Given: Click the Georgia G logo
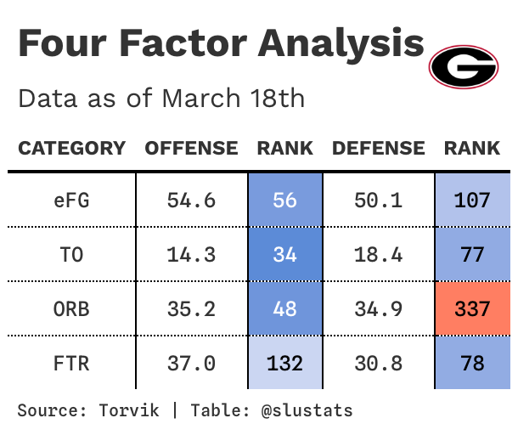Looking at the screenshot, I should coord(463,66).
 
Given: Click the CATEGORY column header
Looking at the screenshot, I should coord(71,149).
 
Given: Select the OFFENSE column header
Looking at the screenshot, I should coord(191,149).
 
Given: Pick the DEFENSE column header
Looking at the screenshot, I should coord(378,149).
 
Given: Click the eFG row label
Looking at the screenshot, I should coord(71,201).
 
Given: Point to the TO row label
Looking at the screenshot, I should coord(71,254).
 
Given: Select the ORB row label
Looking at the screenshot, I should coord(71,308).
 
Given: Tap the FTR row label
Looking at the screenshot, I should coord(71,364).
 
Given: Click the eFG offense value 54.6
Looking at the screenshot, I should coord(191,201).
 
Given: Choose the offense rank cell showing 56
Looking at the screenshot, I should coord(285,201).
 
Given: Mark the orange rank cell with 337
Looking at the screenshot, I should coord(472,308).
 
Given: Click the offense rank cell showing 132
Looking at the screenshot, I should coord(285,364).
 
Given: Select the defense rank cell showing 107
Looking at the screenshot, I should coord(472,201).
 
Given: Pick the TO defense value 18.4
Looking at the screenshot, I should coord(378,254).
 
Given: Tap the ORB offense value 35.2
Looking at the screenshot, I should coord(191,308).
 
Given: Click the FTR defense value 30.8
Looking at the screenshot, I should coord(378,364).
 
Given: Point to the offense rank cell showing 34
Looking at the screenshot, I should coord(285,254).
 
